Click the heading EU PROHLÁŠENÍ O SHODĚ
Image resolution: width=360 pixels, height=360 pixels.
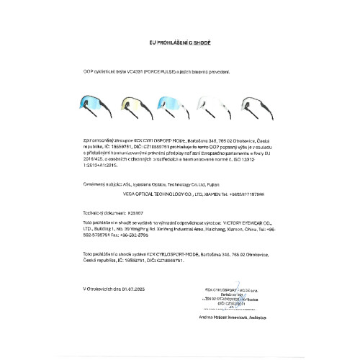[179, 44]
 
